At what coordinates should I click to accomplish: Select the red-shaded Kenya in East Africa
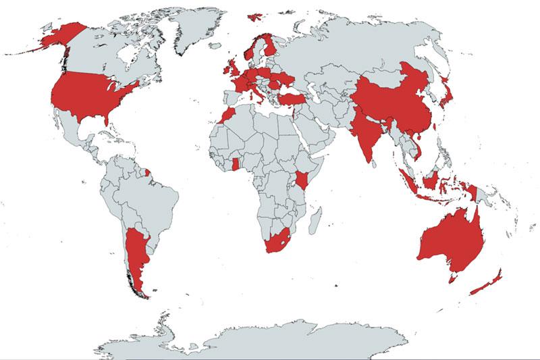click(302, 179)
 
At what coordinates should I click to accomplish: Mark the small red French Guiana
click(150, 173)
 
